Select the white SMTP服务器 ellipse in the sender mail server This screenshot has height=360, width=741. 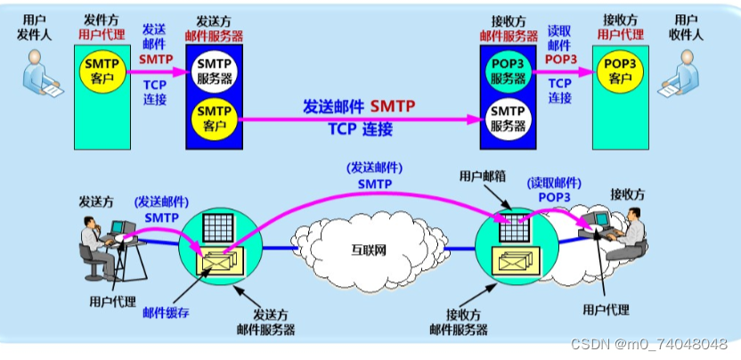pyautogui.click(x=214, y=70)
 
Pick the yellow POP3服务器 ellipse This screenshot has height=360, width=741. pyautogui.click(x=507, y=70)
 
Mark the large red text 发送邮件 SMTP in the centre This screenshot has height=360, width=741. pyautogui.click(x=358, y=107)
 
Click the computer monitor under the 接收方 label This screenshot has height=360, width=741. pyautogui.click(x=598, y=220)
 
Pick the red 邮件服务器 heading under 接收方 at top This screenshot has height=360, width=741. pyautogui.click(x=507, y=36)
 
